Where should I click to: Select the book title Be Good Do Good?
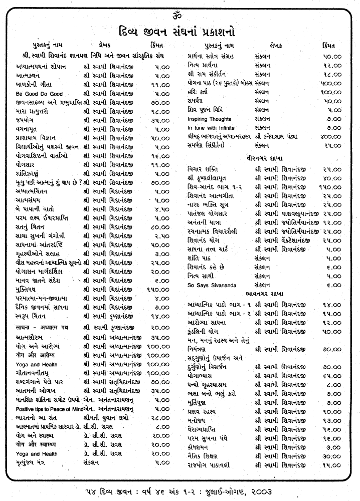pos(39,94)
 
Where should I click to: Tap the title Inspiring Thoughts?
pos(209,119)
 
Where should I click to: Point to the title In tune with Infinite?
pos(211,128)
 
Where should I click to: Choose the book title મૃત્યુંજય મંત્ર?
pos(34,462)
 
